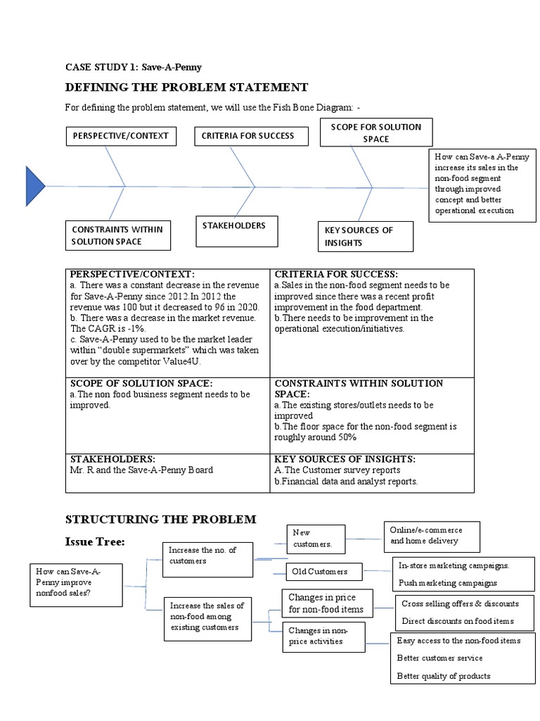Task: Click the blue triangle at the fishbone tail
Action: coord(34,187)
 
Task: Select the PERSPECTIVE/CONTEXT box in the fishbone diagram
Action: coord(120,136)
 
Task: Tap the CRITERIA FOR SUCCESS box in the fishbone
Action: coord(251,136)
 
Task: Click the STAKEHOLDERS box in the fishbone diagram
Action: coord(236,232)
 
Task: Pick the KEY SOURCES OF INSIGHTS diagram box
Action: coord(365,237)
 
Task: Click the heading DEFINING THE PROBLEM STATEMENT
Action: coord(186,87)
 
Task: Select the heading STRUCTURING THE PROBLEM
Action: coord(161,519)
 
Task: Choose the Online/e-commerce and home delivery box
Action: coord(431,536)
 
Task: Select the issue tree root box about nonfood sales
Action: coord(75,582)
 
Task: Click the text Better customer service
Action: coord(439,658)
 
